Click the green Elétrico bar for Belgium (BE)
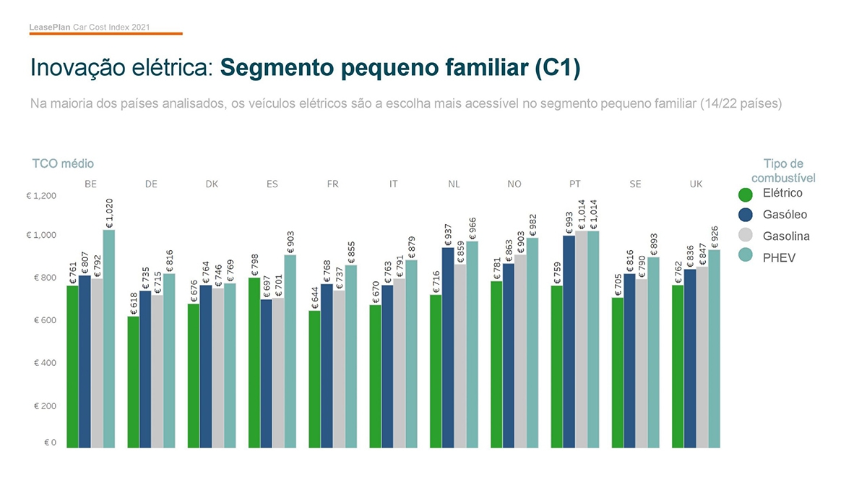[x=72, y=366]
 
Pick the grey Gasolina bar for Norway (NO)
[x=520, y=351]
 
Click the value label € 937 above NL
[x=448, y=235]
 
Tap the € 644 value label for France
[x=315, y=298]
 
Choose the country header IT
[x=393, y=184]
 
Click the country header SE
[x=635, y=184]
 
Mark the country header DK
[x=212, y=184]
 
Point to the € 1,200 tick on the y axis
[x=41, y=196]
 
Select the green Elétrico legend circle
[x=746, y=194]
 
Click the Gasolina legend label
[x=786, y=236]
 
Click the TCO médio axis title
[x=63, y=164]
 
